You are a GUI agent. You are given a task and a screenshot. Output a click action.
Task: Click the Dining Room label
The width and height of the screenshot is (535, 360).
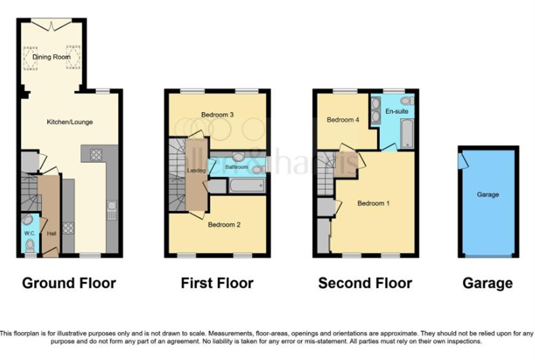click(51, 57)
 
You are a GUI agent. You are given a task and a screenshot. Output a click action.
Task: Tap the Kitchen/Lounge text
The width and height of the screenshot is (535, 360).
click(70, 122)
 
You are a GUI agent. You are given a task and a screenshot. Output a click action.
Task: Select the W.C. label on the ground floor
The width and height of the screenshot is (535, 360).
click(29, 233)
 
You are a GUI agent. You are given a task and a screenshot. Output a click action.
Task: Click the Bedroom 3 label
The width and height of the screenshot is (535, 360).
click(217, 115)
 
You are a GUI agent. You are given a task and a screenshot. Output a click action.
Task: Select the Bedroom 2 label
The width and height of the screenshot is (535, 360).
click(224, 225)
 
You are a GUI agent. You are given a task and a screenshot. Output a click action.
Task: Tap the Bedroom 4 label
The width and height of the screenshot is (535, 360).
click(343, 120)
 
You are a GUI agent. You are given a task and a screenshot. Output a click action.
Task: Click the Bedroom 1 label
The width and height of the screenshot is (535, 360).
click(373, 203)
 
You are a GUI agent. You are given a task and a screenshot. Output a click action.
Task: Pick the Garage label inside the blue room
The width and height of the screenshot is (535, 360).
click(488, 194)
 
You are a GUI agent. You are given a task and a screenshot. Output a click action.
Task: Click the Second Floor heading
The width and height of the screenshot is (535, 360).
click(365, 283)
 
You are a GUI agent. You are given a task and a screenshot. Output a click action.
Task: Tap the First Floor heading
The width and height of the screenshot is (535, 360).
click(217, 283)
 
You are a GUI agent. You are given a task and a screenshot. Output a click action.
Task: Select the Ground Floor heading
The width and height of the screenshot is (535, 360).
click(69, 283)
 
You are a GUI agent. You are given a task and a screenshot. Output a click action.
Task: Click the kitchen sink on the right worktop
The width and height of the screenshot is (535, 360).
click(112, 210)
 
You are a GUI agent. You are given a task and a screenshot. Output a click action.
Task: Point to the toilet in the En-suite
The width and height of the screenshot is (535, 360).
click(407, 101)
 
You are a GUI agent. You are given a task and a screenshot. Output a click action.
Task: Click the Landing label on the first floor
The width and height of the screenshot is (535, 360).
click(196, 171)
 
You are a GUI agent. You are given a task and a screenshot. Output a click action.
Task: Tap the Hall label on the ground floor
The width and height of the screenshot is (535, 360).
click(51, 234)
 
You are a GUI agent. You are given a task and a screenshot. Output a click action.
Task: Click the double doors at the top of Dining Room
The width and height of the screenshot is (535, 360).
click(51, 26)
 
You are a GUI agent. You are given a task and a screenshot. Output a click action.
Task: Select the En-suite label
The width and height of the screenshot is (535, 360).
click(397, 111)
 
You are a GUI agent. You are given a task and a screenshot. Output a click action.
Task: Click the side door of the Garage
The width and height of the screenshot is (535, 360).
click(463, 161)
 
